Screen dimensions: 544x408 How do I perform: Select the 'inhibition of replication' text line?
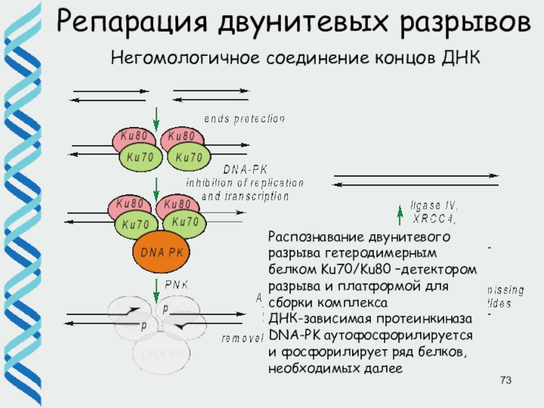pos(245,183)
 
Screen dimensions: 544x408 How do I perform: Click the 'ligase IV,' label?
pos(435,205)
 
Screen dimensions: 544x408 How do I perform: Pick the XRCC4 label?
pos(435,218)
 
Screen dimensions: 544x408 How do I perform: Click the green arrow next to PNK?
pos(156,286)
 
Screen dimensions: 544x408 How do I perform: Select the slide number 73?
pos(505,379)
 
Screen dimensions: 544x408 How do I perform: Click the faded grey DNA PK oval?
pos(162,354)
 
